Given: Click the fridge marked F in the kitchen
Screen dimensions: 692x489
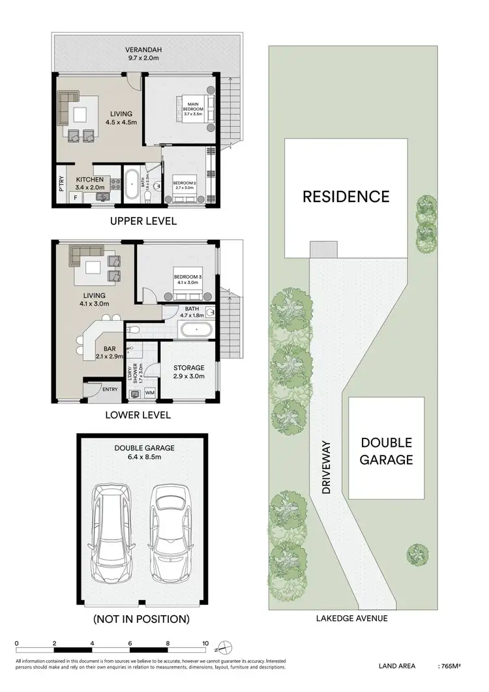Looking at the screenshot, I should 75,196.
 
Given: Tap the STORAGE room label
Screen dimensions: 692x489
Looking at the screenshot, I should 189,368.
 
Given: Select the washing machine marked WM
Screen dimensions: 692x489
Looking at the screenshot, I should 150,393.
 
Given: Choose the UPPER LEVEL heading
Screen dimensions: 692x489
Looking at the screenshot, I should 143,221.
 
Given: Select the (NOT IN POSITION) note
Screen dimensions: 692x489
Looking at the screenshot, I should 141,618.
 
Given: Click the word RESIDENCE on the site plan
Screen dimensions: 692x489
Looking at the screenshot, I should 346,196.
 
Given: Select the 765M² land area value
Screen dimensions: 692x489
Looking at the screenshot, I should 449,667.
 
